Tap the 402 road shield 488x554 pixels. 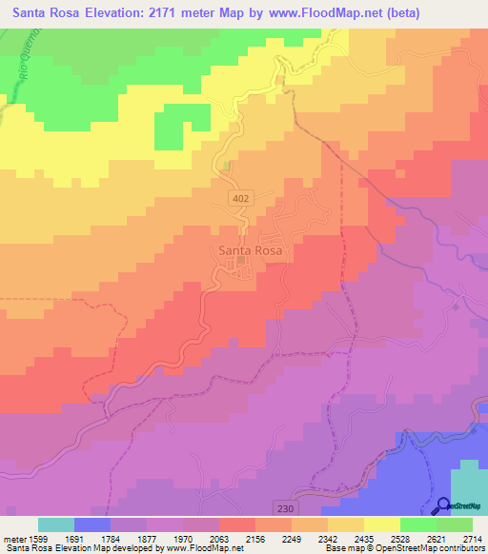pos(242,196)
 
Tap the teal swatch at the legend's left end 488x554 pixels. pos(56,524)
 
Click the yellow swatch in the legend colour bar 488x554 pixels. pos(382,524)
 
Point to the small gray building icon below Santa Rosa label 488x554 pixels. pos(241,261)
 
